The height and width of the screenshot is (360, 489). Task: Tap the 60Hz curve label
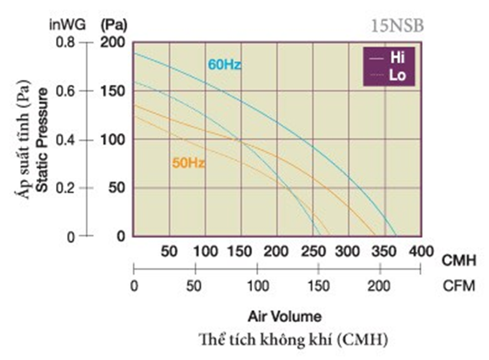point(225,65)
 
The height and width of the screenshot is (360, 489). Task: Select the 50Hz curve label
point(188,162)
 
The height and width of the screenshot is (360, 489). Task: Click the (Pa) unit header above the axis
point(114,26)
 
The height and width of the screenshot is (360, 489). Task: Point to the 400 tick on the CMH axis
point(421,251)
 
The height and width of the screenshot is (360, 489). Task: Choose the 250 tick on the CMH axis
point(313,251)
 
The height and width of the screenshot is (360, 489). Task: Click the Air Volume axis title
point(285,316)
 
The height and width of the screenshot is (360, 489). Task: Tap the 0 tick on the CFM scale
point(134,286)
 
